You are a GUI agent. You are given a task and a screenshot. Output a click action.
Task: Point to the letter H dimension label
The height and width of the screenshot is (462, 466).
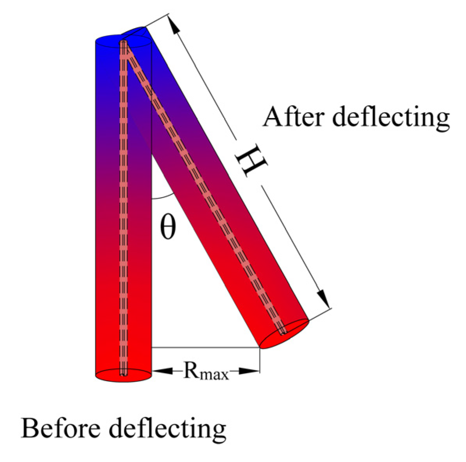(251, 160)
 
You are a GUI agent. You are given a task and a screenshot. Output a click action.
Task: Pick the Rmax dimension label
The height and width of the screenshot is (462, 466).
(206, 372)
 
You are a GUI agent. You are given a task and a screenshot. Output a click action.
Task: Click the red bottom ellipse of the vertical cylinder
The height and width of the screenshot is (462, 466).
(124, 375)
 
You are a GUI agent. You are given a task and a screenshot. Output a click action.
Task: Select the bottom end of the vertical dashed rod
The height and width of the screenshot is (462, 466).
(124, 374)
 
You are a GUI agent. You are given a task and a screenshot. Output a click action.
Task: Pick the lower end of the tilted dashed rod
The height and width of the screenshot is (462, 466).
(284, 332)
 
